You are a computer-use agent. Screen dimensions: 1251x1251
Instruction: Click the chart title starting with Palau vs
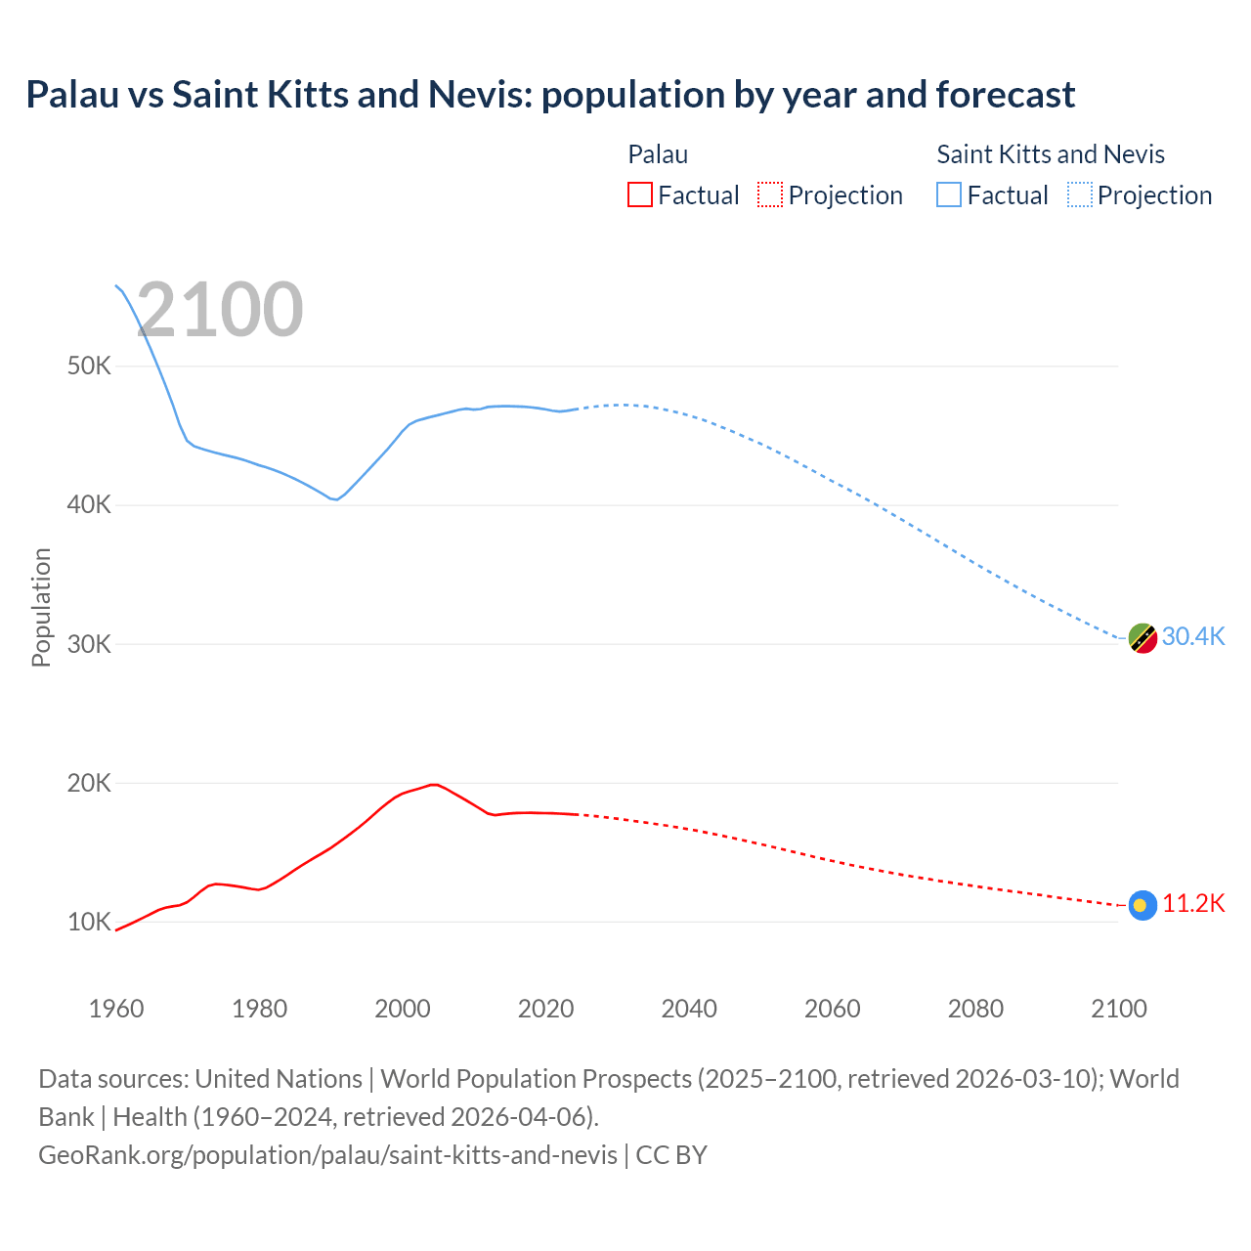(x=550, y=95)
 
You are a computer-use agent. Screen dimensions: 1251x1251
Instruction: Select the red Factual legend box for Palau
(x=639, y=194)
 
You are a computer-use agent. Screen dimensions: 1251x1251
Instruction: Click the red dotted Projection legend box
(x=770, y=194)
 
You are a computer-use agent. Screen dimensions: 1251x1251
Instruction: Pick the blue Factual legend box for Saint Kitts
(x=949, y=194)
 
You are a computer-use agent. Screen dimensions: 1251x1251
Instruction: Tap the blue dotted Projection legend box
(x=1080, y=194)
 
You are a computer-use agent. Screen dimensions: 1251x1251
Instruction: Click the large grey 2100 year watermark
(x=220, y=310)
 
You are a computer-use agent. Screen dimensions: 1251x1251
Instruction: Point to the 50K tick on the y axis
(x=89, y=367)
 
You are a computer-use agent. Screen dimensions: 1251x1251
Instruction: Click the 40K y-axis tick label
(x=89, y=505)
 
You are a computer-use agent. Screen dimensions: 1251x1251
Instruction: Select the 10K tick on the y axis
(x=89, y=922)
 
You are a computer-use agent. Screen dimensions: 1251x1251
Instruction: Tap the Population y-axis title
(x=41, y=607)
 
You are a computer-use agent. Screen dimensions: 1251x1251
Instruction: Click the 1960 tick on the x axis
(x=116, y=1009)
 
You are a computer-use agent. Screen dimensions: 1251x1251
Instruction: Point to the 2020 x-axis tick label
(x=545, y=1009)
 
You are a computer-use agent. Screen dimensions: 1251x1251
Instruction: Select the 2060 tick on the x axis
(x=832, y=1009)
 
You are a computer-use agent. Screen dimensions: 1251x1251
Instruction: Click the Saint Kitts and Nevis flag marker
(x=1143, y=638)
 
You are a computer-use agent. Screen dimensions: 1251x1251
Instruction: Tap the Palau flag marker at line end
(x=1143, y=905)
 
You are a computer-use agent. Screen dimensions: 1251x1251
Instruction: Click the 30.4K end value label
(x=1192, y=636)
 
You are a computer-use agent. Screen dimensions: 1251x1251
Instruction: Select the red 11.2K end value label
(x=1192, y=903)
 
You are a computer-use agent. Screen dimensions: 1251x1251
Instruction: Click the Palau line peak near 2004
(x=433, y=784)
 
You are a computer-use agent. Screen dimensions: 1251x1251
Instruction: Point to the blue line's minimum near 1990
(x=335, y=499)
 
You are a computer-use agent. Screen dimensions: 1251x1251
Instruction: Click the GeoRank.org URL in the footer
(x=327, y=1154)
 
